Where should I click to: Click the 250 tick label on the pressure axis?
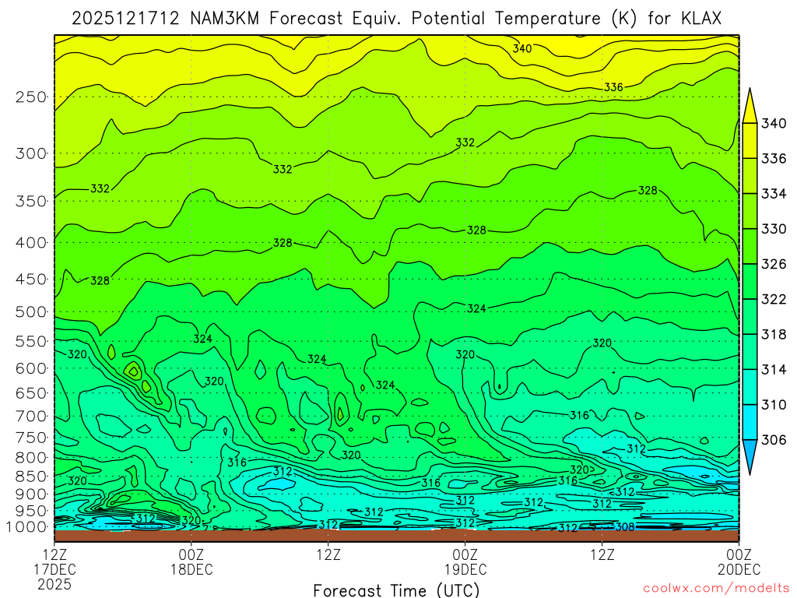(x=31, y=97)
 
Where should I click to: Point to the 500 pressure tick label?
(x=31, y=312)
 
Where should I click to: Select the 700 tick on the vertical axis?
(x=31, y=415)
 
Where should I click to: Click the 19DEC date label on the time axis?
(x=465, y=568)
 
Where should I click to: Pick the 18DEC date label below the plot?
(x=191, y=568)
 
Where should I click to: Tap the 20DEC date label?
(x=739, y=568)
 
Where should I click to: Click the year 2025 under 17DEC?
(x=54, y=583)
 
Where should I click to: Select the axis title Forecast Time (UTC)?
(x=396, y=589)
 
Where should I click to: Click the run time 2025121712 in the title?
(x=128, y=18)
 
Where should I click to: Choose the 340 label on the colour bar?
(x=774, y=123)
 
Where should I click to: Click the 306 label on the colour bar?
(x=774, y=440)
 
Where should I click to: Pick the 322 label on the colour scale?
(x=774, y=299)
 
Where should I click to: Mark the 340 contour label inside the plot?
(x=522, y=49)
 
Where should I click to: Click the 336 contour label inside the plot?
(x=613, y=87)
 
